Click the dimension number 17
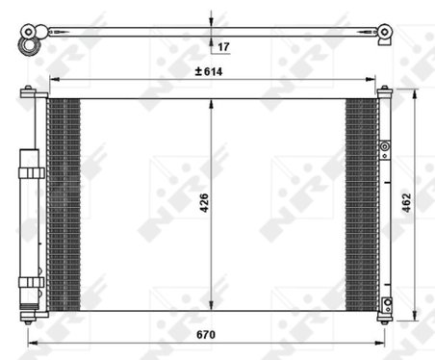coord(223,46)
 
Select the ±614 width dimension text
coord(209,71)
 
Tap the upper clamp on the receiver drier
coord(31,171)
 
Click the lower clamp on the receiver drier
coord(31,282)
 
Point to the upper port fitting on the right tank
coord(384,149)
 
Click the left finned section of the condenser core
coord(64,203)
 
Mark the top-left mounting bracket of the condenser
coord(31,92)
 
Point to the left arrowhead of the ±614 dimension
coord(52,79)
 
